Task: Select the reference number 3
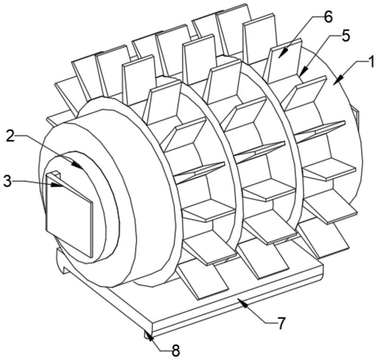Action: [7, 181]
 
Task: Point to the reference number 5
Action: [345, 36]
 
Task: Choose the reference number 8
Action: [176, 351]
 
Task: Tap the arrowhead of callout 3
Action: [57, 185]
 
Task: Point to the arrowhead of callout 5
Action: [304, 72]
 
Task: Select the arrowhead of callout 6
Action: [283, 53]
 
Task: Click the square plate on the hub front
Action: [69, 215]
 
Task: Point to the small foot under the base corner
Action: [148, 334]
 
